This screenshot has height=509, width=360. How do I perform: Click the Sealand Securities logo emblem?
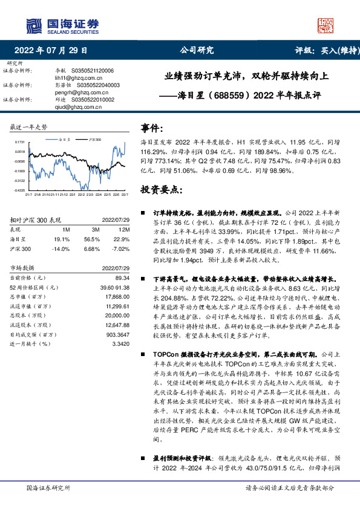(32, 25)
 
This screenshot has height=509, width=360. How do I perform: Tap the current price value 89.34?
(123, 276)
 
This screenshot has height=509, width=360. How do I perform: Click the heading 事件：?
(153, 129)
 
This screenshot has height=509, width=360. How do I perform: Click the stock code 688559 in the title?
(227, 95)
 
